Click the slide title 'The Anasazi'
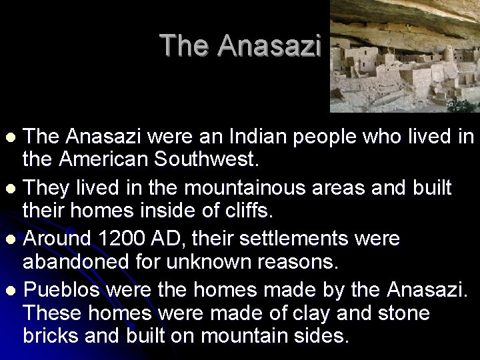(241, 45)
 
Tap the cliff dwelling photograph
(405, 56)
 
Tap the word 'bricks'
(52, 335)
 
